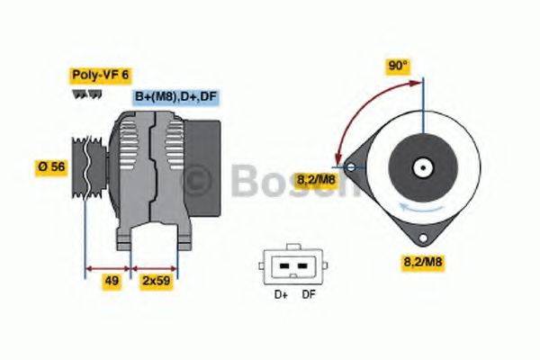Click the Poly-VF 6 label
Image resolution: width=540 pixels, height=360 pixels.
[x=99, y=76]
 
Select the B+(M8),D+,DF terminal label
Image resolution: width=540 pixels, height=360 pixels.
[x=176, y=96]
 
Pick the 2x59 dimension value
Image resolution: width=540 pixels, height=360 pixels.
[x=156, y=281]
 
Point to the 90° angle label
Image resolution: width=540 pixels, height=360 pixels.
[x=398, y=66]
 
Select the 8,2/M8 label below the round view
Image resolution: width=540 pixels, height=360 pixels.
[x=419, y=262]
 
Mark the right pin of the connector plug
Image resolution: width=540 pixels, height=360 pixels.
[x=301, y=266]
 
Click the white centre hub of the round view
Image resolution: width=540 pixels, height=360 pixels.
[x=420, y=167]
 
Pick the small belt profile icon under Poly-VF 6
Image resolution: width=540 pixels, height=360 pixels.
[x=82, y=94]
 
